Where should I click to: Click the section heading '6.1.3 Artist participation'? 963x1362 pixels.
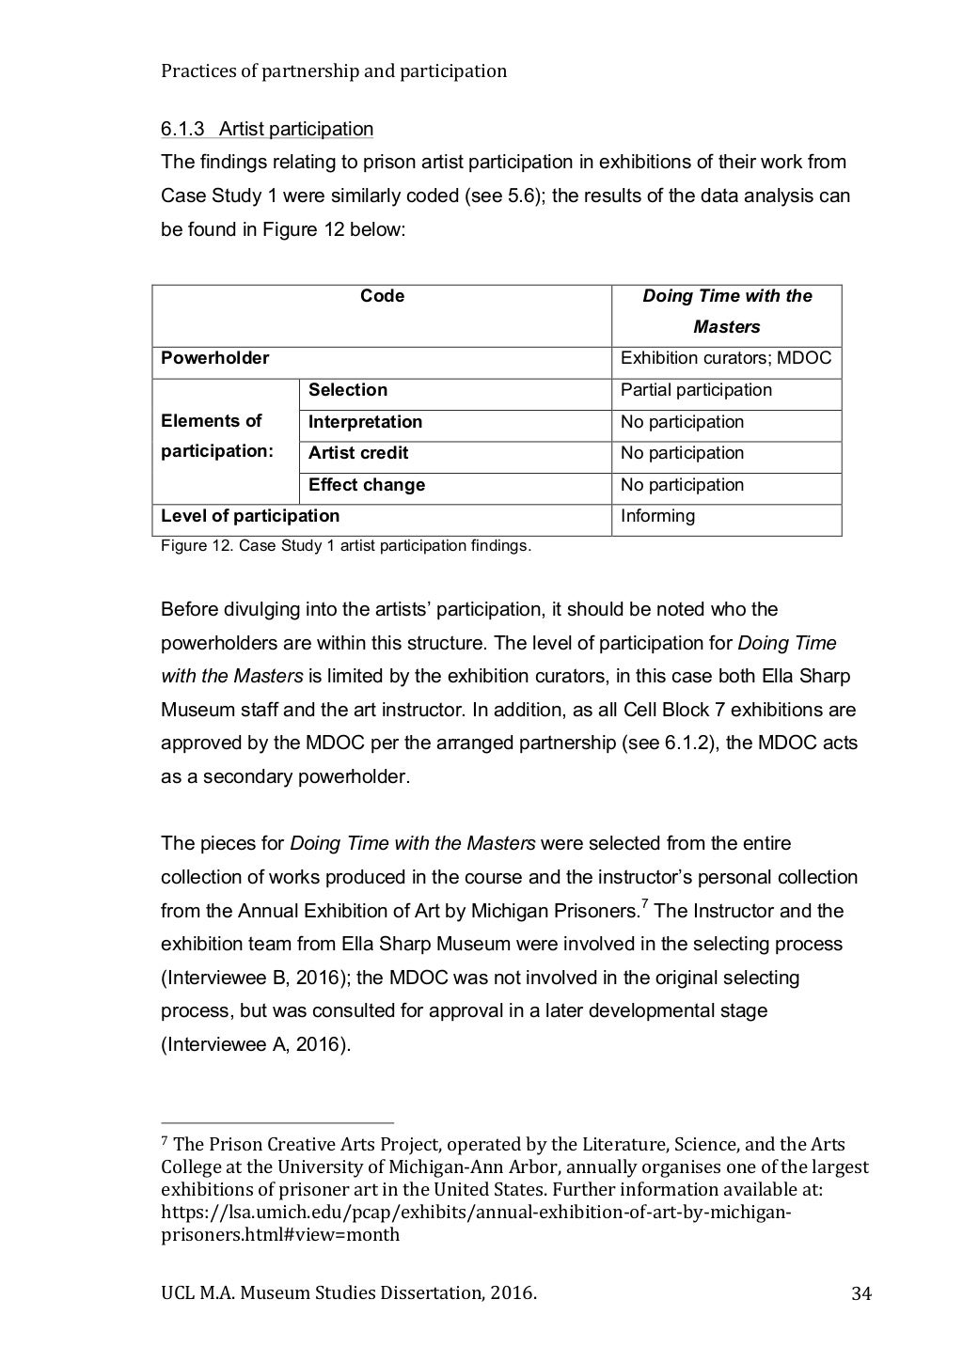coord(267,129)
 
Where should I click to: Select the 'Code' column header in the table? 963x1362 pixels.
coord(382,296)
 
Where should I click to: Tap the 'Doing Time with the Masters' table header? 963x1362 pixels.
coord(726,311)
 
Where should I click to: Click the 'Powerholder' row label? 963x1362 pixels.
coord(215,358)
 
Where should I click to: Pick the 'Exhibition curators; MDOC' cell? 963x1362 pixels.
coord(725,358)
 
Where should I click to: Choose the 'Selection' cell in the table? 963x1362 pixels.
coord(348,390)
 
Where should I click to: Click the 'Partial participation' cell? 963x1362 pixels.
coord(696,390)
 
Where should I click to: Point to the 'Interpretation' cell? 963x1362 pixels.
coord(365,422)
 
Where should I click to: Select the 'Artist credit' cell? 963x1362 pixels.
coord(358,453)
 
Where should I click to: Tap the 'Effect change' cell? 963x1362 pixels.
coord(367,485)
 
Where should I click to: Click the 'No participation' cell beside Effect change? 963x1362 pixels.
coord(682,485)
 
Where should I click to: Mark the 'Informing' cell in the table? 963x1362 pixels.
coord(657,516)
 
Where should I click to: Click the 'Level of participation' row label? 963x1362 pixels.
coord(250,516)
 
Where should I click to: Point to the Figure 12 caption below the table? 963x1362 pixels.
coord(346,545)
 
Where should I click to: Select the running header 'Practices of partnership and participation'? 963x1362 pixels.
coord(334,70)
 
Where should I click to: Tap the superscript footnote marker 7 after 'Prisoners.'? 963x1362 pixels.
coord(644,904)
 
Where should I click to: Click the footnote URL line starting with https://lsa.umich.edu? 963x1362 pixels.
coord(476,1212)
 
